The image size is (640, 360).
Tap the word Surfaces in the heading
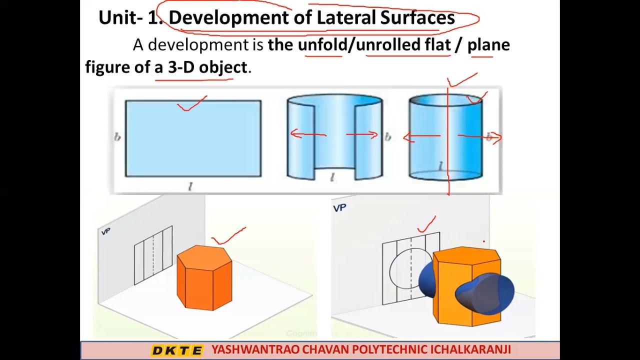coord(417,18)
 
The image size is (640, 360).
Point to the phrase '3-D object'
coord(207,67)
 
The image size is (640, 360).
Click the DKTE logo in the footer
coord(177,350)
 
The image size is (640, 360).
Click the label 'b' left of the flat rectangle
coord(117,137)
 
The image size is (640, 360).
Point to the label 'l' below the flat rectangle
coord(190,186)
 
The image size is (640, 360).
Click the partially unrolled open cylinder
coord(334,137)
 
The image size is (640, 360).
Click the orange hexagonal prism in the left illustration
coord(204,277)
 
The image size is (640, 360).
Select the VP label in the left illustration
coord(105,231)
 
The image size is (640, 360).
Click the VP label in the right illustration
coord(339,207)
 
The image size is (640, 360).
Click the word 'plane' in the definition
coord(488,45)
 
